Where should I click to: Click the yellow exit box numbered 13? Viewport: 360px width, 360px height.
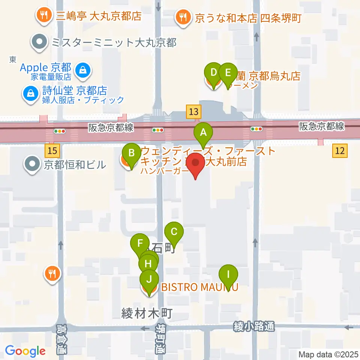coord(193,111)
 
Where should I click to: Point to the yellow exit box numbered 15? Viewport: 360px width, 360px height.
coord(52,151)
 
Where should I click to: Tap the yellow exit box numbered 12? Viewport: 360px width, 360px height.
coord(340,151)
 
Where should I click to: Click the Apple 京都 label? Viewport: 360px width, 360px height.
coord(45,68)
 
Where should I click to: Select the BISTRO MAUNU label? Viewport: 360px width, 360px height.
coord(199,288)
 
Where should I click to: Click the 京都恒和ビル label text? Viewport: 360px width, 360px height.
coord(75,164)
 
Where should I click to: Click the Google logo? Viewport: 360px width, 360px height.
coord(25,351)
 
